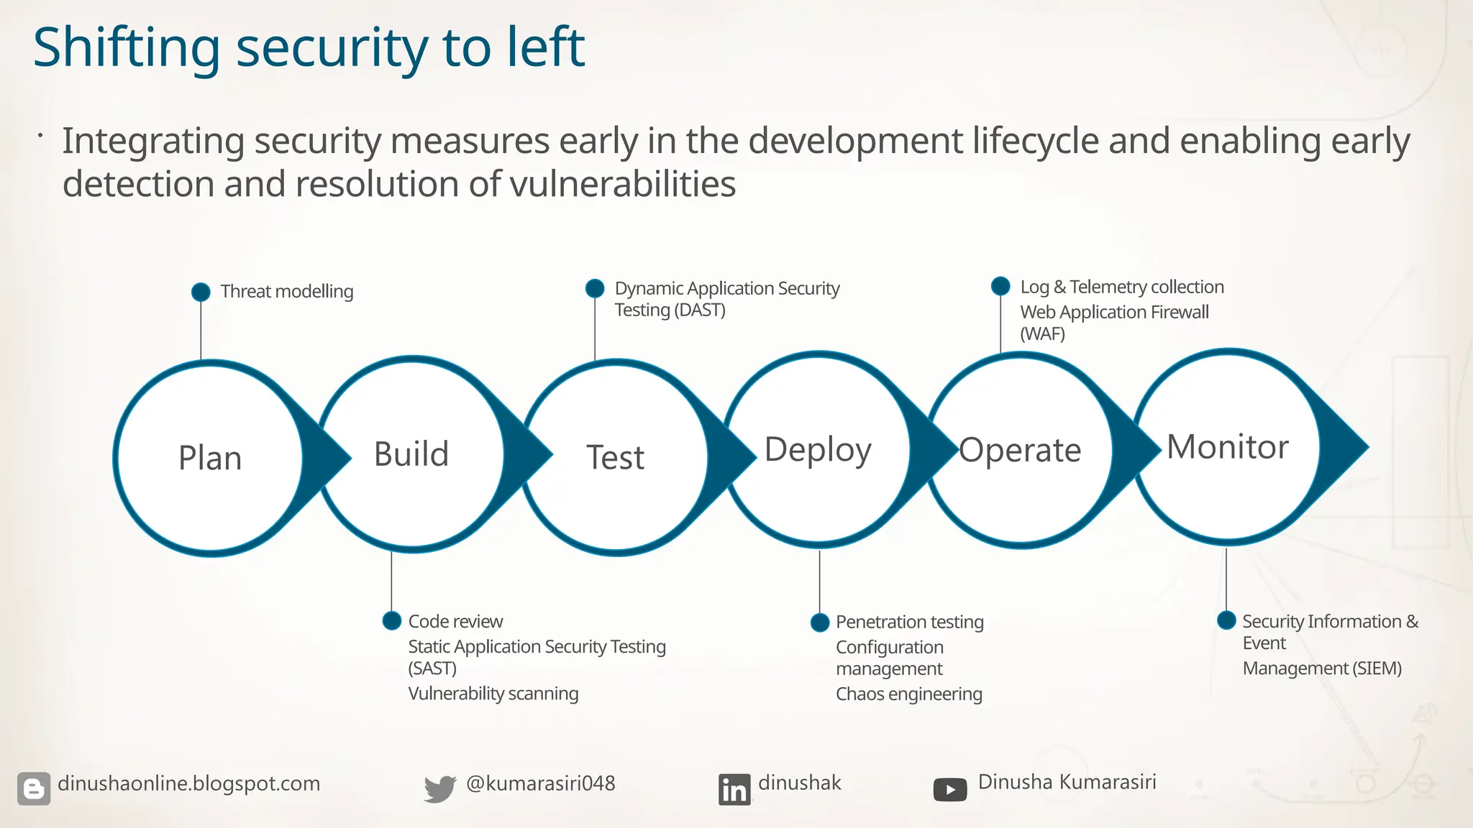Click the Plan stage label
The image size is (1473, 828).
(x=210, y=458)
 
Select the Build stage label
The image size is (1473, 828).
(x=411, y=454)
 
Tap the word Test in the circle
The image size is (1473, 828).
(x=616, y=457)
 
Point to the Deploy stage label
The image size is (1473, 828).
(x=818, y=450)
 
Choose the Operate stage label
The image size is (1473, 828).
(x=1020, y=451)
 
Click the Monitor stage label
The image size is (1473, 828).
(x=1227, y=447)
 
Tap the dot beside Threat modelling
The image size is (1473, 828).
(x=201, y=292)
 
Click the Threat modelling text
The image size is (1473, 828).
(x=287, y=291)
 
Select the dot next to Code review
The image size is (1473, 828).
(x=391, y=620)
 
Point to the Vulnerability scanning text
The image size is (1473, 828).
(x=493, y=694)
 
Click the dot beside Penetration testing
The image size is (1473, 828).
(x=819, y=622)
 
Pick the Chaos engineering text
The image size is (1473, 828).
(x=909, y=694)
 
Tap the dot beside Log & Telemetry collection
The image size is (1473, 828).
(x=1000, y=286)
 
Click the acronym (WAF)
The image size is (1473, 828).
(x=1042, y=333)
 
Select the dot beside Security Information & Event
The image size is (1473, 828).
(x=1226, y=620)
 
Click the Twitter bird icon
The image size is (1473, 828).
(x=439, y=788)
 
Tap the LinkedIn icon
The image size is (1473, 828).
(x=734, y=789)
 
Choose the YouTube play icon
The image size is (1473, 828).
(x=950, y=790)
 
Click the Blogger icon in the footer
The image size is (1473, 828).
(x=34, y=788)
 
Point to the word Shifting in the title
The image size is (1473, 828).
(x=127, y=48)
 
